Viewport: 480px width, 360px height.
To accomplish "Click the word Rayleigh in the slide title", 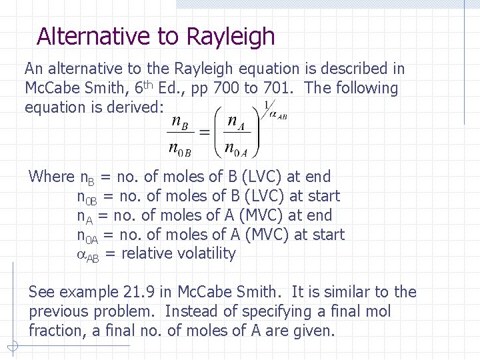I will click(x=231, y=36).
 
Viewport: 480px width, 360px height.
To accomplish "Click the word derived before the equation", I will click(x=133, y=107).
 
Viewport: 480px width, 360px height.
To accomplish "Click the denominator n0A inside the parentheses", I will click(x=236, y=149).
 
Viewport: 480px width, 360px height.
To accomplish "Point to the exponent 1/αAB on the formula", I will click(x=273, y=110).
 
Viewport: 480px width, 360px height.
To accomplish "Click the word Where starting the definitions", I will click(x=51, y=177).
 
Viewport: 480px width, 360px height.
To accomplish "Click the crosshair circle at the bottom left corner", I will click(x=13, y=346).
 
